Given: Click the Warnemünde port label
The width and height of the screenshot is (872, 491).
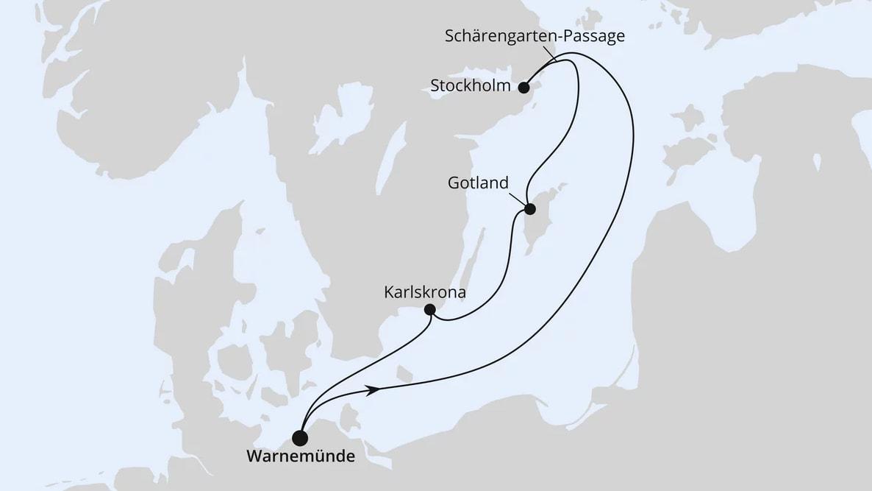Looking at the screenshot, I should pos(300,456).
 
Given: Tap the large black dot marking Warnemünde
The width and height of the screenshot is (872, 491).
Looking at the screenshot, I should pos(300,438).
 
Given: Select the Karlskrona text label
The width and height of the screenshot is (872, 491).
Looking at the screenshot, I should pos(426,292).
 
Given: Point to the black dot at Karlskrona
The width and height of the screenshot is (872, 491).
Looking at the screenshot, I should pos(431,310).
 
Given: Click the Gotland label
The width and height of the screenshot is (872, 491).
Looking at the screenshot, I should pos(478,183).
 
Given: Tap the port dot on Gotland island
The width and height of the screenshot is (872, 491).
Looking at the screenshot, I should pos(528,208).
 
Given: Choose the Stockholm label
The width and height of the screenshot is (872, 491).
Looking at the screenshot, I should pos(471,86).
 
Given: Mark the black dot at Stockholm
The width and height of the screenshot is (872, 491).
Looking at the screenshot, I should pos(523,88).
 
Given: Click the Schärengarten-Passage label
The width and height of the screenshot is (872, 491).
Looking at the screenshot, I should pos(535,36).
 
